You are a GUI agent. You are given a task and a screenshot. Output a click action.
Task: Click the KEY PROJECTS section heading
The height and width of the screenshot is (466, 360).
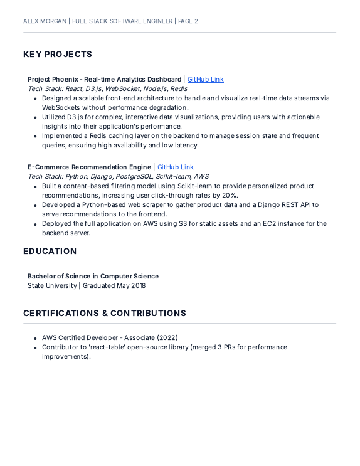pos(58,55)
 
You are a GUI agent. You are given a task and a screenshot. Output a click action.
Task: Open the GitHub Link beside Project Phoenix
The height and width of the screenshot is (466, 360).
pos(205,80)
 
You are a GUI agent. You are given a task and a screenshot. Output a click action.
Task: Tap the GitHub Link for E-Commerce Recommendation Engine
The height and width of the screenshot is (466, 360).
pos(175,167)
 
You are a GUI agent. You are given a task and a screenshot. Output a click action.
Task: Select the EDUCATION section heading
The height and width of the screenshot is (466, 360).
pos(50,252)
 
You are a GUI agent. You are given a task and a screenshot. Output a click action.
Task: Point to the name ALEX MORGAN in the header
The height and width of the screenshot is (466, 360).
pos(43,21)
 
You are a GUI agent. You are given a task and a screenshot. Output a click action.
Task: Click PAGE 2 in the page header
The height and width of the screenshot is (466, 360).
pos(188,21)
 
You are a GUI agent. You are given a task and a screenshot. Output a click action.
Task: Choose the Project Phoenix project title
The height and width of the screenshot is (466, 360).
pos(104,80)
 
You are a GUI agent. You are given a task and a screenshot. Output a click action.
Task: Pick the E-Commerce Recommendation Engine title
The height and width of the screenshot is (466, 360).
pos(89,167)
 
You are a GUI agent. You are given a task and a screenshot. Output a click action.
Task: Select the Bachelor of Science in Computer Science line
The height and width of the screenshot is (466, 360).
pos(93,277)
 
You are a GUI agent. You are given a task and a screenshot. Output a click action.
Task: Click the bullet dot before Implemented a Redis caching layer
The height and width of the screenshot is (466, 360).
pos(35,136)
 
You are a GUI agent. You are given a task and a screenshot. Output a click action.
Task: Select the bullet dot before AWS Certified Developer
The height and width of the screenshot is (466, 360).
pos(35,338)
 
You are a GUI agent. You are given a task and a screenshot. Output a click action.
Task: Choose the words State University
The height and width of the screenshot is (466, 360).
pos(52,286)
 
